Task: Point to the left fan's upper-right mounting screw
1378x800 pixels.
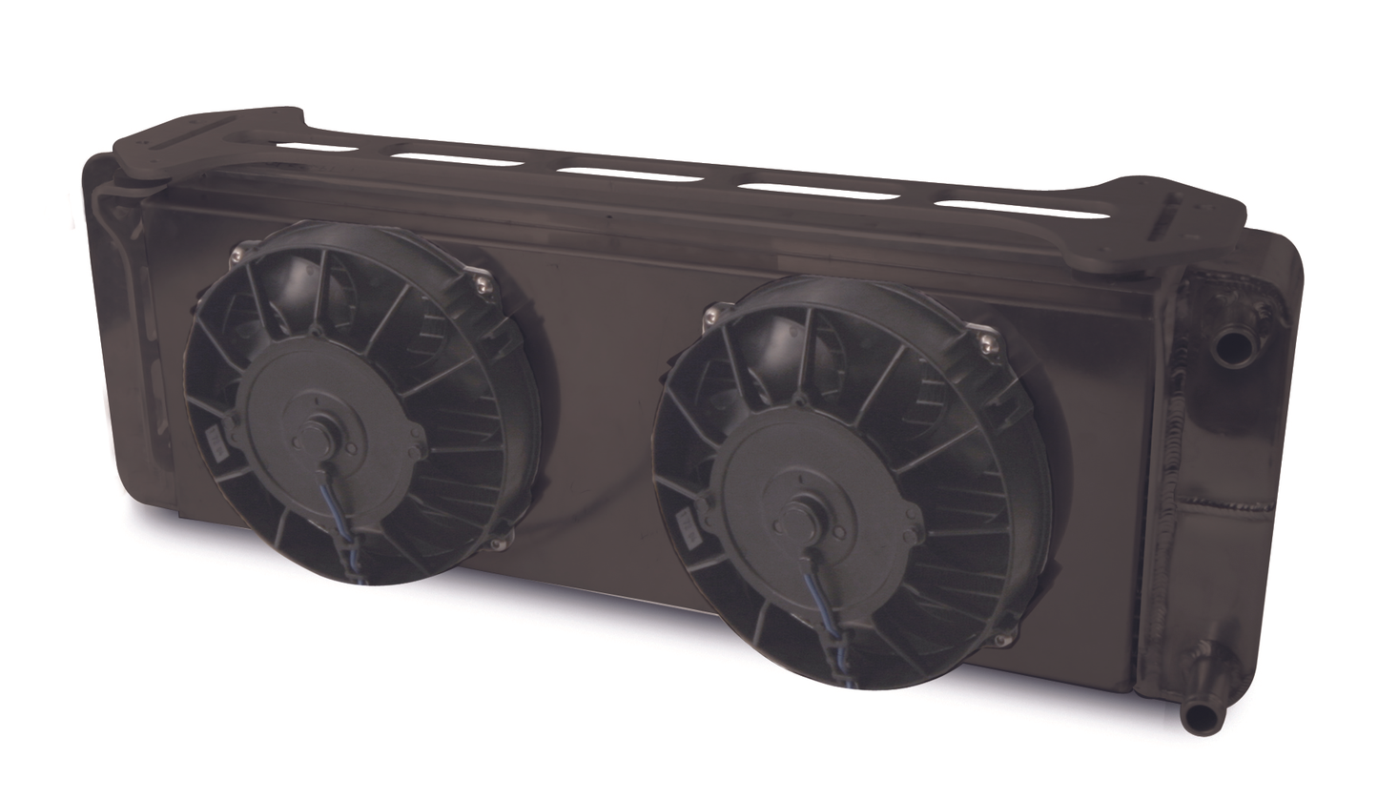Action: [x=483, y=284]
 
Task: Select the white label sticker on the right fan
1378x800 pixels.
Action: [x=686, y=525]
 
